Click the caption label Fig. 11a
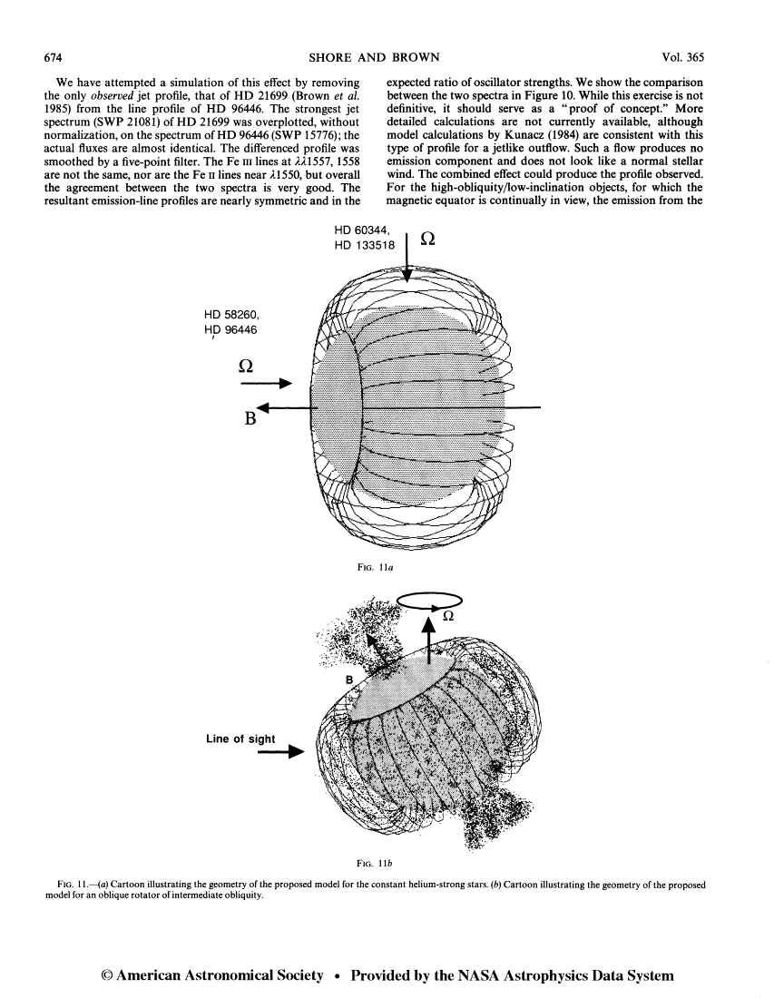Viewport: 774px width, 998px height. [376, 568]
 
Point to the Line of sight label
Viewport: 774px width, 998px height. [240, 739]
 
